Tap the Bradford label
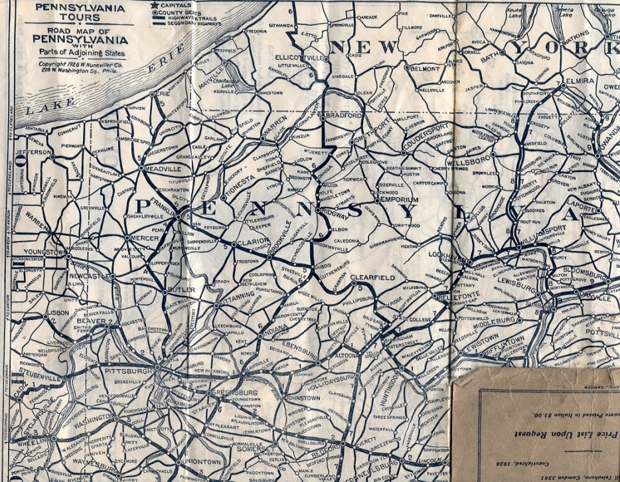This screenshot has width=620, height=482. click(x=343, y=115)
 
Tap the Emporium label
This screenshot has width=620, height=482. click(x=398, y=199)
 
